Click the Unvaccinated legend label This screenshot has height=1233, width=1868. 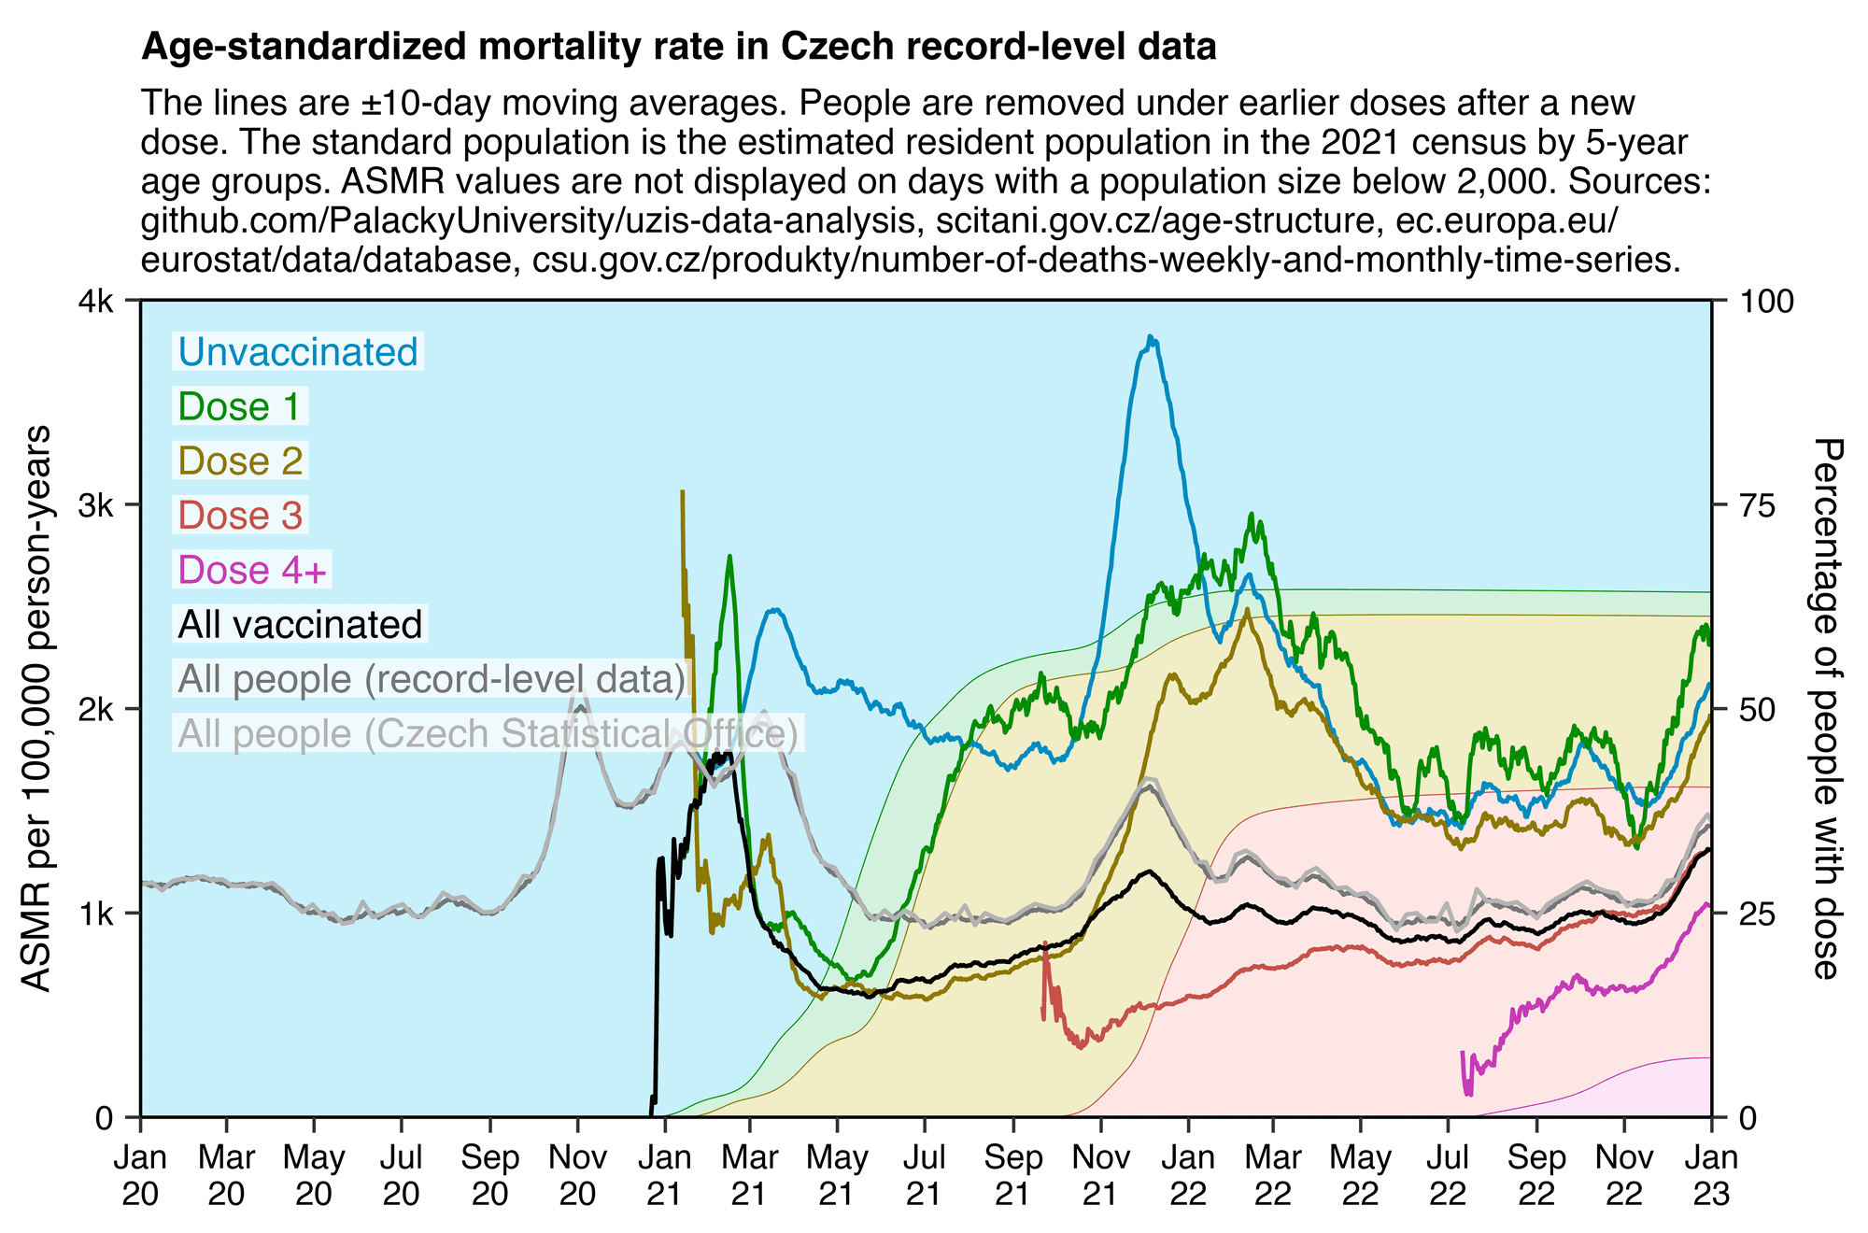click(298, 352)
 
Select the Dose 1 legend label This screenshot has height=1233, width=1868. click(240, 406)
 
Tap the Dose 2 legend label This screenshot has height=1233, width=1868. click(240, 461)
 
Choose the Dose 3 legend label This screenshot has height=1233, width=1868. click(240, 516)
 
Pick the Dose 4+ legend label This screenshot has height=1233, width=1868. click(252, 570)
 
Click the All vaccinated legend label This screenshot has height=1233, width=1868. click(300, 624)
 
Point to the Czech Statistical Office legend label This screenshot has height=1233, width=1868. click(488, 733)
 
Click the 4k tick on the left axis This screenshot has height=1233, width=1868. click(97, 301)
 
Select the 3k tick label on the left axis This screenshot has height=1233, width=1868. click(97, 505)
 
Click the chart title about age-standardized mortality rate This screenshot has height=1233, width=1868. click(678, 47)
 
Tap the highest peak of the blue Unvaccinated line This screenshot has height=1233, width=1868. click(1151, 337)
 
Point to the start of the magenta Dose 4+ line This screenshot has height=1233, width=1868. click(1462, 1053)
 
